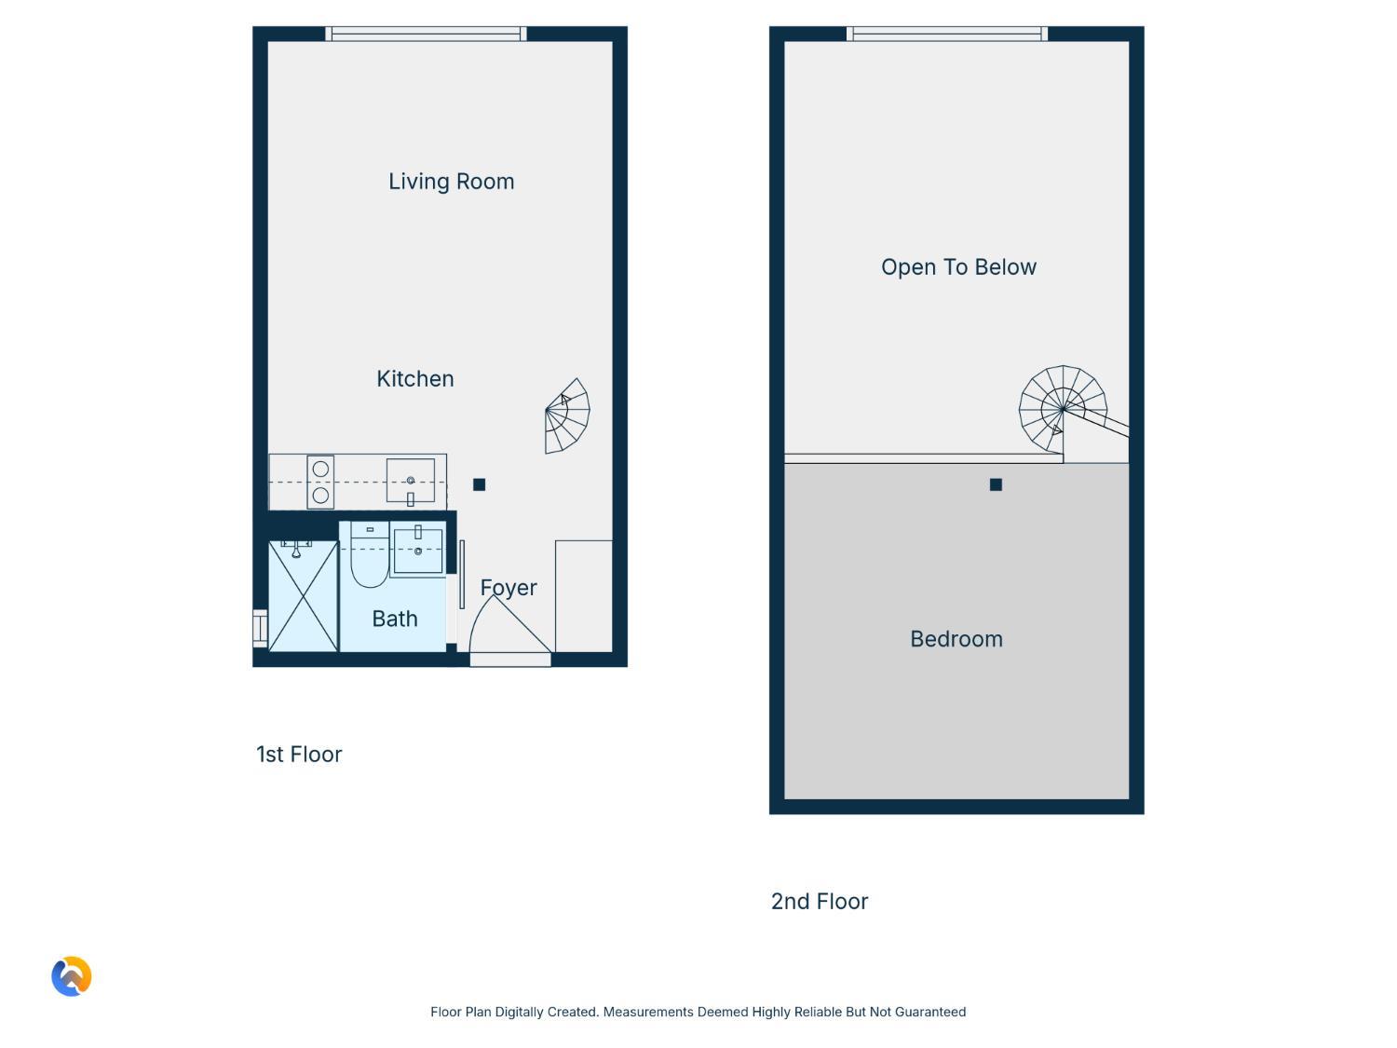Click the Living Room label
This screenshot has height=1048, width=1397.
pyautogui.click(x=451, y=182)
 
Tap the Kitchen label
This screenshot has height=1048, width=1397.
pyautogui.click(x=415, y=378)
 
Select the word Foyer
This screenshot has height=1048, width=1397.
pyautogui.click(x=508, y=588)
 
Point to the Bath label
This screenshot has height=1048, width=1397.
pyautogui.click(x=395, y=619)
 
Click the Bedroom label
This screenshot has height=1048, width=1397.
pyautogui.click(x=956, y=639)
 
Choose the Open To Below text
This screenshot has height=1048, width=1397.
pyautogui.click(x=958, y=267)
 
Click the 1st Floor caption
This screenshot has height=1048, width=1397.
pyautogui.click(x=299, y=755)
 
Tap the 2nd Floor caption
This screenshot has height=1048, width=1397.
pyautogui.click(x=819, y=902)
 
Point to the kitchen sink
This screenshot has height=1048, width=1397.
pyautogui.click(x=411, y=481)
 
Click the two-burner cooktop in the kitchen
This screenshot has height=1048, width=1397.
pyautogui.click(x=320, y=482)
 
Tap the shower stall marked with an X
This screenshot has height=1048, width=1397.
pyautogui.click(x=303, y=596)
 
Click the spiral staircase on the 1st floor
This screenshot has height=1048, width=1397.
pyautogui.click(x=567, y=416)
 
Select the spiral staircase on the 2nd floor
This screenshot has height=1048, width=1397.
pyautogui.click(x=1063, y=409)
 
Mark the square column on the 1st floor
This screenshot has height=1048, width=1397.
pyautogui.click(x=480, y=484)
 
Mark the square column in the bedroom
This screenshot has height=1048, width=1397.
pyautogui.click(x=996, y=484)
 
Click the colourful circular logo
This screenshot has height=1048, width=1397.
pyautogui.click(x=72, y=976)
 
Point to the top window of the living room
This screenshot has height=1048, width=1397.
pyautogui.click(x=426, y=34)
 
